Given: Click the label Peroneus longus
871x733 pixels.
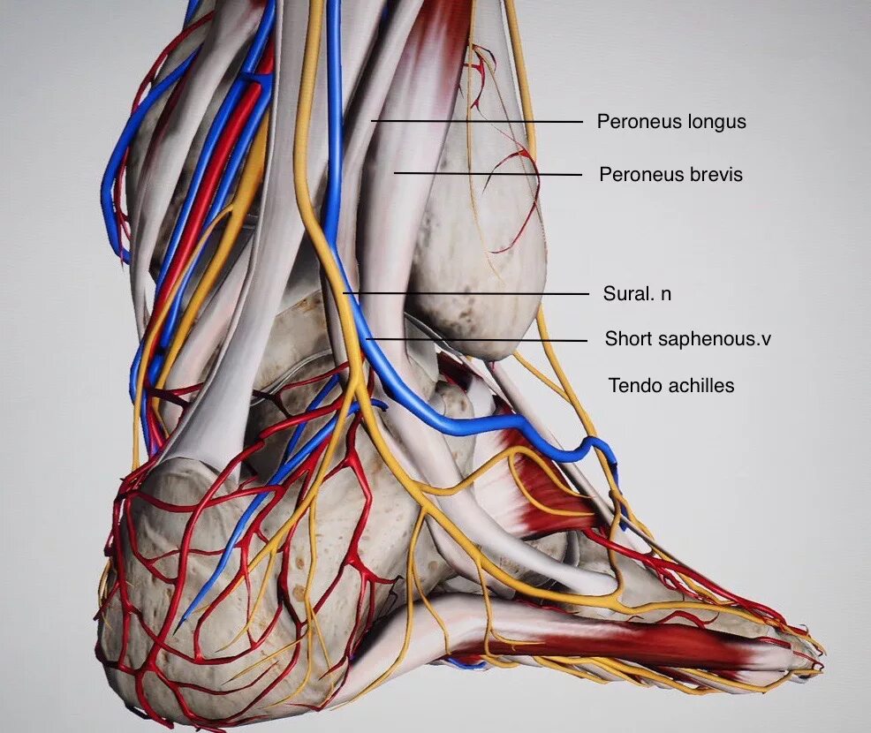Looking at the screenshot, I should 671,122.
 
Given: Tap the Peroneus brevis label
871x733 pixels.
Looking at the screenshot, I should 670,175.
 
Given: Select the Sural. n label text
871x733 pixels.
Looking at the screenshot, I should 637,294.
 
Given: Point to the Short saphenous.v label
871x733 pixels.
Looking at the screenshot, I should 687,339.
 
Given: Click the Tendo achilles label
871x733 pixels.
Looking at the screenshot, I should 670,386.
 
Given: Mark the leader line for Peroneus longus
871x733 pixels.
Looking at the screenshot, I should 477,121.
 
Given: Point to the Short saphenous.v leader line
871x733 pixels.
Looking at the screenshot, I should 477,339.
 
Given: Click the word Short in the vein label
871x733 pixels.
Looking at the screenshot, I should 625,339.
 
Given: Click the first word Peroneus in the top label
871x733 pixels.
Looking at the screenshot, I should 631,122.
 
